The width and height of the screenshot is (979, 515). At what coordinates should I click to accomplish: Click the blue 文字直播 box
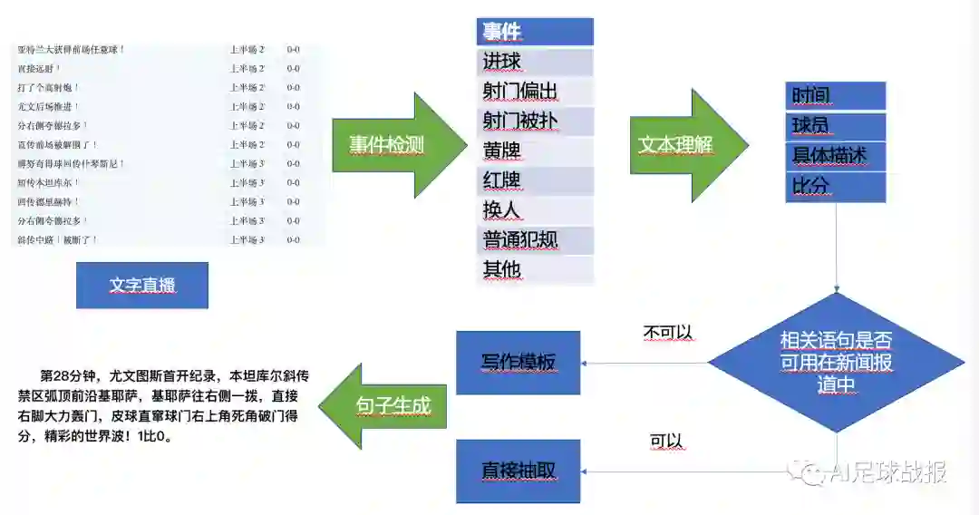click(142, 286)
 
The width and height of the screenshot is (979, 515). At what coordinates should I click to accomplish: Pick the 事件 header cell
click(535, 32)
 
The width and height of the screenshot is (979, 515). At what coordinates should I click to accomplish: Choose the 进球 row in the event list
click(535, 62)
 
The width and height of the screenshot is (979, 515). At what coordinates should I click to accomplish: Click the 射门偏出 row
click(535, 92)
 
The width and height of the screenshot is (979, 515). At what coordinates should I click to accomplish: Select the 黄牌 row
click(535, 151)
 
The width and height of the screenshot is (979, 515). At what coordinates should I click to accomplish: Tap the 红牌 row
click(535, 180)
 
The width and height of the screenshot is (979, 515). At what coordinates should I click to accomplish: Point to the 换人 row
click(535, 210)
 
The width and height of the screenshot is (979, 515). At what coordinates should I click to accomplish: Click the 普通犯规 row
click(535, 240)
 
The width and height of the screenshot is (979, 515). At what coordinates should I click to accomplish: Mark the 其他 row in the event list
click(535, 270)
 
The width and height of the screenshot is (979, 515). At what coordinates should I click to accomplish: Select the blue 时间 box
click(835, 95)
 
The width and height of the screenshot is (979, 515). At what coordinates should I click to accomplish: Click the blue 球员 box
click(835, 125)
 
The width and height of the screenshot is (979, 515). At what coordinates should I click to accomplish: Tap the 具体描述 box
click(835, 156)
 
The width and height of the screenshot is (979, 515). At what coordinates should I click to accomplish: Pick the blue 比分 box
click(835, 187)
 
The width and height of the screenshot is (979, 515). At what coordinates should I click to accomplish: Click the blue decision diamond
click(836, 363)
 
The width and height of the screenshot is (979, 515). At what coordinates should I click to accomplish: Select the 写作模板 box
click(518, 363)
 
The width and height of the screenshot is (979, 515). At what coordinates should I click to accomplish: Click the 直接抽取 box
click(518, 471)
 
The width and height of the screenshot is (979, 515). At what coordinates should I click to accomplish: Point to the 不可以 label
click(668, 333)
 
